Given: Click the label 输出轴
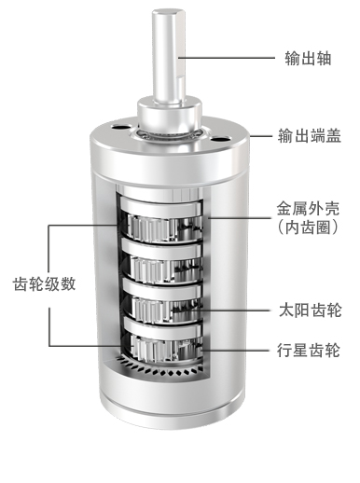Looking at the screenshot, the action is (308, 58).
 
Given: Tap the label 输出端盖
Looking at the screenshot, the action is (310, 136).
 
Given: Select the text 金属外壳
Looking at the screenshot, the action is (308, 209).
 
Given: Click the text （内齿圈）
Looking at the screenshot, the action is (308, 228).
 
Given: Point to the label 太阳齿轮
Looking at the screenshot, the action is (310, 310).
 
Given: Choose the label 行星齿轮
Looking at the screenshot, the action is (309, 351).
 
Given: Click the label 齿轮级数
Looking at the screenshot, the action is (45, 283).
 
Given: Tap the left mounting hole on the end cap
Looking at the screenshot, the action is (119, 127).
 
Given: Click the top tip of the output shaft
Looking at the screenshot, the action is (168, 12).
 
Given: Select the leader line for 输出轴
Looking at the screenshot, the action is (227, 58).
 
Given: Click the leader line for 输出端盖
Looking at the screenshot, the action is (261, 136).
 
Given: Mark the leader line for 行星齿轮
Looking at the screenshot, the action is (235, 351).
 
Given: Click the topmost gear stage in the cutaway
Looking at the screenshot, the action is (161, 221).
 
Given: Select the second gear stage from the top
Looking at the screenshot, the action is (162, 262).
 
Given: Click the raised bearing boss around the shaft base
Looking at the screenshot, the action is (170, 115).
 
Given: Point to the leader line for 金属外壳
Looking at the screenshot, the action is (240, 218).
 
